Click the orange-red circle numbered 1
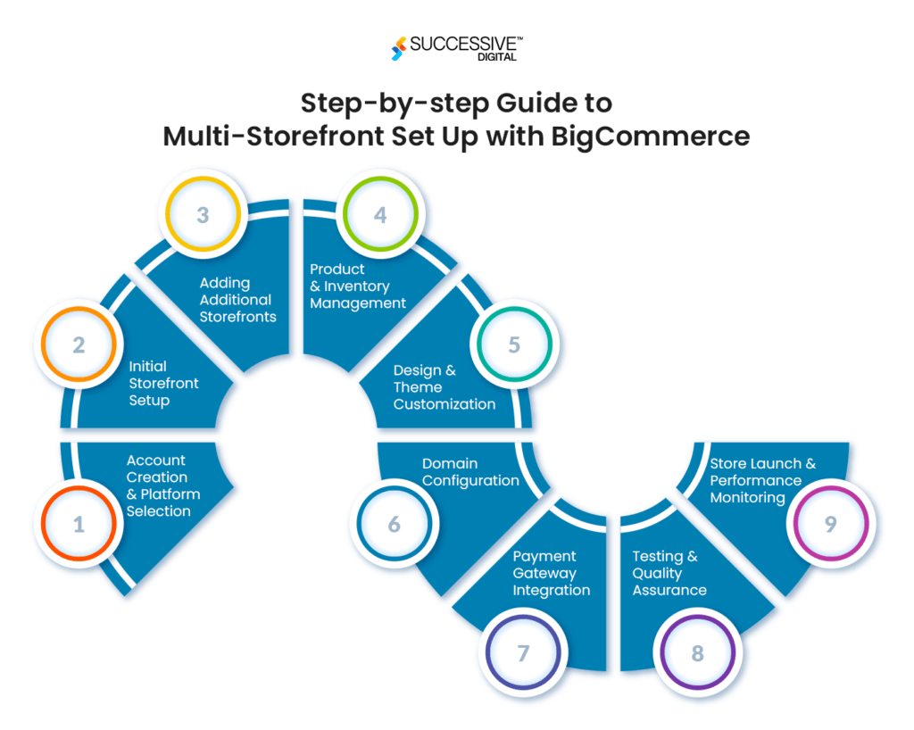click(79, 524)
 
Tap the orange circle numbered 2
click(79, 344)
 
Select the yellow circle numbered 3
click(203, 215)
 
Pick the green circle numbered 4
click(380, 215)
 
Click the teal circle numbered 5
click(514, 344)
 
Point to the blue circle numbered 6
click(394, 524)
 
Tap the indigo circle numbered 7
click(523, 652)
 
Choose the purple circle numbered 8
click(697, 652)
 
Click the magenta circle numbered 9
click(830, 524)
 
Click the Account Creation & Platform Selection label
click(162, 485)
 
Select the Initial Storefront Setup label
click(163, 383)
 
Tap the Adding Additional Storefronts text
click(237, 300)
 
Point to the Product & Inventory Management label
click(358, 286)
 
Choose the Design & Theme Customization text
click(444, 387)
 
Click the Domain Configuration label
click(470, 472)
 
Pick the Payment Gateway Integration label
click(551, 573)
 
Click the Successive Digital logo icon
click(399, 48)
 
